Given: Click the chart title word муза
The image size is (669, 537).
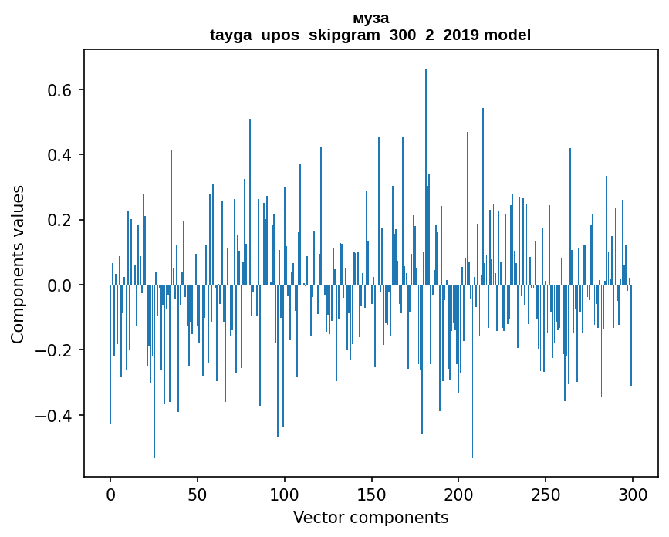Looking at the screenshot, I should point(370,18).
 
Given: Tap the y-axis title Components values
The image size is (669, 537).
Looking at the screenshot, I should point(18,264).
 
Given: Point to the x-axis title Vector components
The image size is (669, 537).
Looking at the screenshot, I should point(370,517).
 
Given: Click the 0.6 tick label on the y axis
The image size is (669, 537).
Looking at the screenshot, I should point(59,90).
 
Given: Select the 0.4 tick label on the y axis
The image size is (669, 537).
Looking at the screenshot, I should point(59,155).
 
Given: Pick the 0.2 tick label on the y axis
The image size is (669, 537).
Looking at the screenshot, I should point(59,220).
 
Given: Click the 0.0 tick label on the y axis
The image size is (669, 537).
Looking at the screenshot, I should point(59,285).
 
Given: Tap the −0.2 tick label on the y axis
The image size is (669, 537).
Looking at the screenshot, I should point(54,350).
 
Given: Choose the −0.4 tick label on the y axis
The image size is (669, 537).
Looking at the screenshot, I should point(54,415).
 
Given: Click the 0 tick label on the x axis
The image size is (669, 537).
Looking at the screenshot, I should point(110,493).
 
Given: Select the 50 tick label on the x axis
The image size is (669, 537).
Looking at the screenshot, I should point(198,493).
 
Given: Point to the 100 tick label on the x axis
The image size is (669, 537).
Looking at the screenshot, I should point(285,493).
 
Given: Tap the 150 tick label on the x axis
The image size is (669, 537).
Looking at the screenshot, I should point(371,493).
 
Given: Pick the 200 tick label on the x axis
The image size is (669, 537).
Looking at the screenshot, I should point(458,493).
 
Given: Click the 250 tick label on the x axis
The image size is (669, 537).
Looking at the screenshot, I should point(546,493).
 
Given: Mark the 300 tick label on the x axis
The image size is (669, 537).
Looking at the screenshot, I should point(633,493).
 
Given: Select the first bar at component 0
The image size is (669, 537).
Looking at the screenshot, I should point(110,355).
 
